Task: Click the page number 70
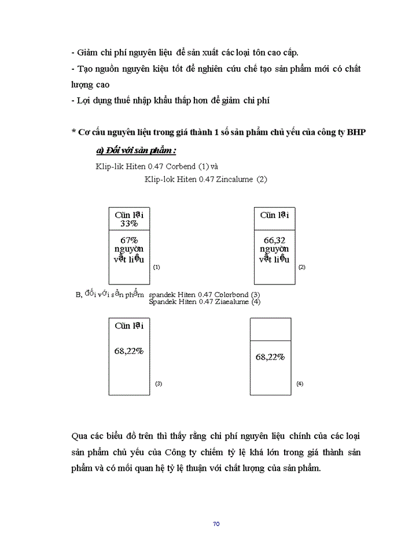(216, 524)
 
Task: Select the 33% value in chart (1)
(129, 224)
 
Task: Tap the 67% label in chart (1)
(129, 239)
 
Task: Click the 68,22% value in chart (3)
(129, 350)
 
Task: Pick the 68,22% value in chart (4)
(270, 357)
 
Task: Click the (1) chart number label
(156, 268)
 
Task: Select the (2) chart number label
(301, 268)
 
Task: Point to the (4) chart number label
(300, 383)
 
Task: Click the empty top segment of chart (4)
(270, 330)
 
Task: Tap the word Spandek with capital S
(164, 301)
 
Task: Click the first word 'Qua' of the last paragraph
(79, 435)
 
